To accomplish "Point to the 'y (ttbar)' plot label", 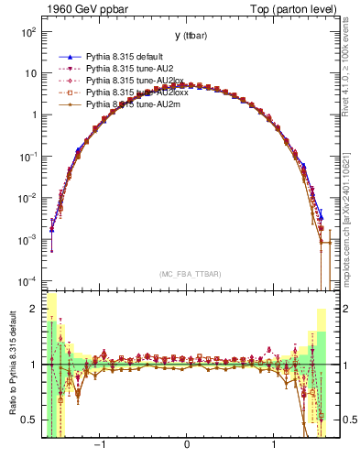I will coord(187,35).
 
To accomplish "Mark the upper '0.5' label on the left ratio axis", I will coord(31,420).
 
